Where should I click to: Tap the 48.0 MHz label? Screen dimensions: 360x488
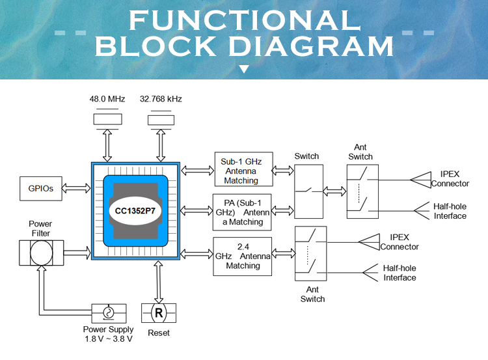107,99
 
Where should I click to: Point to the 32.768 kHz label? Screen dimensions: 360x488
161,99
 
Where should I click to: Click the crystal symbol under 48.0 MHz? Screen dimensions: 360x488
107,119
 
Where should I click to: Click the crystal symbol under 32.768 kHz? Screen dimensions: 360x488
161,119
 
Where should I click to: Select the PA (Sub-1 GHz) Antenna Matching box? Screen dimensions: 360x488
243,210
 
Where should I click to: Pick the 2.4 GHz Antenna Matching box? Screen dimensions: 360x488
243,255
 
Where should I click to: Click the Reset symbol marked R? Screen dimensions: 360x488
158,313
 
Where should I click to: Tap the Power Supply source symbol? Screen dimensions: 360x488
108,313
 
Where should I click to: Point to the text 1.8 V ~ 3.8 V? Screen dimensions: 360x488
108,339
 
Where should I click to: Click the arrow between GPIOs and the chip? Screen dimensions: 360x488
75,189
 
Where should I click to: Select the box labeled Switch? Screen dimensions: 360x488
309,189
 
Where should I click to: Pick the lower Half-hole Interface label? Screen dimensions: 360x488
400,273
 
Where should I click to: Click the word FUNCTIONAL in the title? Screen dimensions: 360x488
244,20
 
